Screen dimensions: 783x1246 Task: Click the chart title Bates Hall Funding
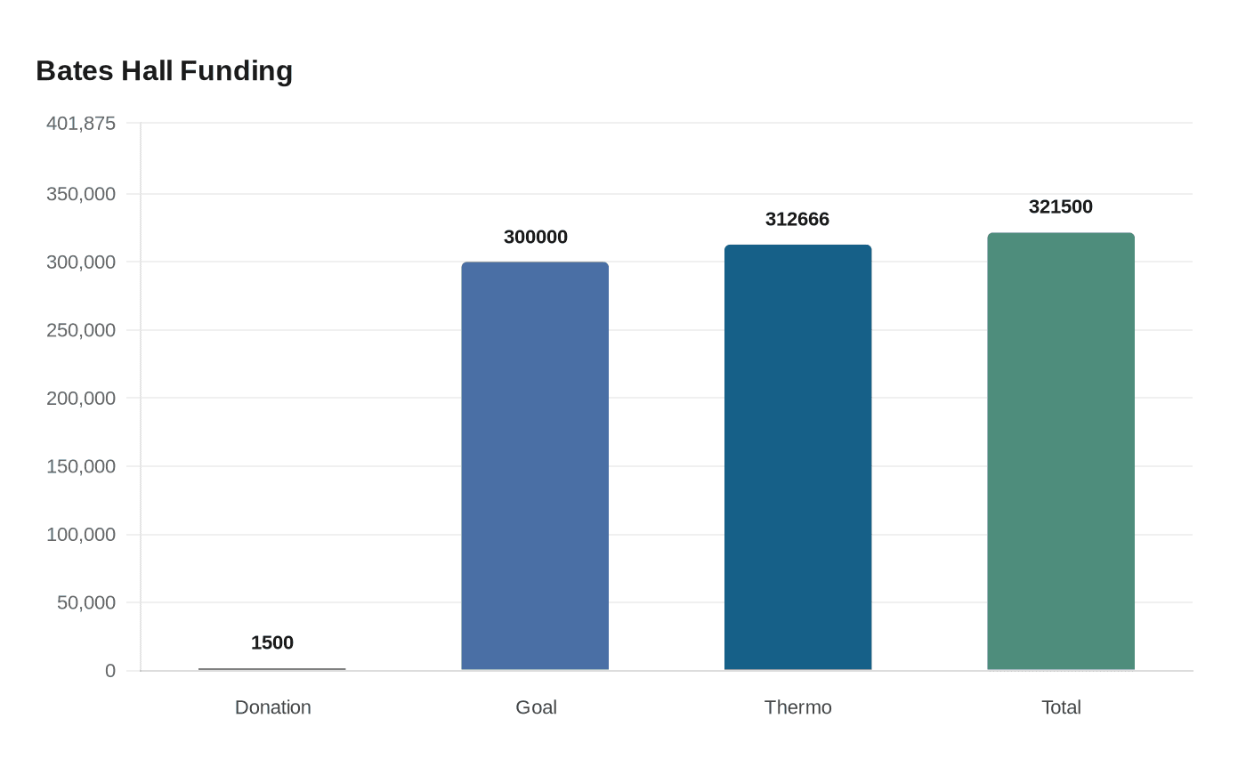(165, 70)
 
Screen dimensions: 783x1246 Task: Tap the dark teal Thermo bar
(797, 457)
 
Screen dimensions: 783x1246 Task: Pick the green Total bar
(1061, 451)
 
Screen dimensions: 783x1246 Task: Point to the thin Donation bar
(272, 669)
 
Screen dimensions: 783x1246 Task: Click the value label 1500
(272, 642)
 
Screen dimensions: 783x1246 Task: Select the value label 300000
(535, 237)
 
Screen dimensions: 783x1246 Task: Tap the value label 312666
(797, 219)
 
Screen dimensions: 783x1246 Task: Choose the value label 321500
(1061, 206)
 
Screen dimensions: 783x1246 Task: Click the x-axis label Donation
(272, 707)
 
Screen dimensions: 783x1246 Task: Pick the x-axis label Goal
(536, 707)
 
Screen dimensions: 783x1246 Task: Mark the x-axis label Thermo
(797, 707)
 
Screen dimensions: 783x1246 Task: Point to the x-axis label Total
(1061, 707)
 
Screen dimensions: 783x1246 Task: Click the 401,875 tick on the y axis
(81, 123)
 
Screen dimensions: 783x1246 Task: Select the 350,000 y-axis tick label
(81, 194)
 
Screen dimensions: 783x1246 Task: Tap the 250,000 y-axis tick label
(81, 330)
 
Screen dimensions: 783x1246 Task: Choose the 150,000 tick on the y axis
(81, 466)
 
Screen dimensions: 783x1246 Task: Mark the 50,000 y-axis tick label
(86, 602)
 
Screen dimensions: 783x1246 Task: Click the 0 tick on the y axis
(110, 671)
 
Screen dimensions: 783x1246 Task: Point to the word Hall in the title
(147, 70)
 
